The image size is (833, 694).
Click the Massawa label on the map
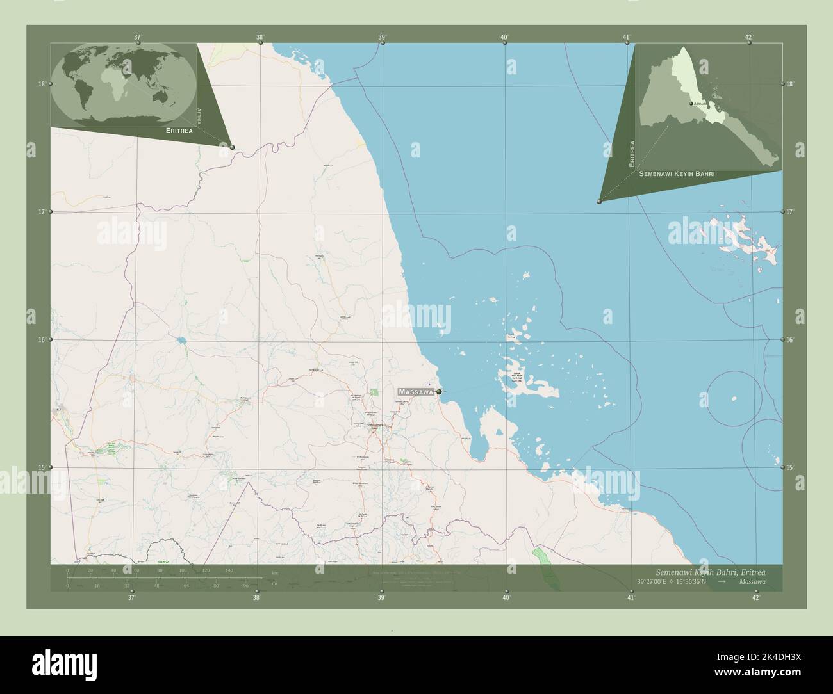[x=415, y=391]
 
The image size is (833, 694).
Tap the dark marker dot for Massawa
[x=439, y=391]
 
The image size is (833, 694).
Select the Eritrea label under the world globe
[x=179, y=130]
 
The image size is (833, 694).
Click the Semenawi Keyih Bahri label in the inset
[x=677, y=173]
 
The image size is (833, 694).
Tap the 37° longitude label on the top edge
[x=138, y=37]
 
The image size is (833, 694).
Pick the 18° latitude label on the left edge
[x=41, y=84]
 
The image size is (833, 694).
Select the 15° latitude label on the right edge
[x=790, y=467]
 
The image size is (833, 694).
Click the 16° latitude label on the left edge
[x=41, y=339]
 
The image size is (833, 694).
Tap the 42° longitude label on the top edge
[x=749, y=37]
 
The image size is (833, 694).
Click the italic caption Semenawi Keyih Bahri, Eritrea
[x=710, y=571]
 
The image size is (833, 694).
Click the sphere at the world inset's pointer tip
[x=232, y=147]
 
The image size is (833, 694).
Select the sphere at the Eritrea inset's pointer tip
[x=599, y=201]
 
